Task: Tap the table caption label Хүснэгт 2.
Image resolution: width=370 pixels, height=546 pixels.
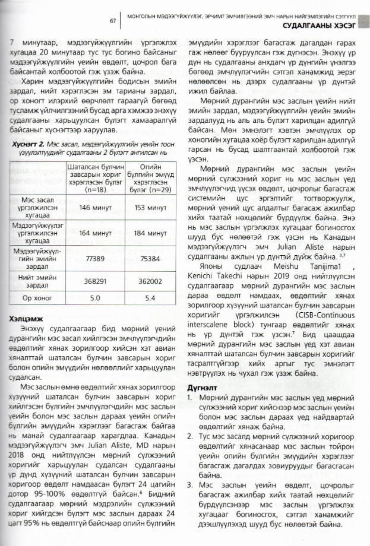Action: (27, 144)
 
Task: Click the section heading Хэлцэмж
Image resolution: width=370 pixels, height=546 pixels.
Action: (24, 319)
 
